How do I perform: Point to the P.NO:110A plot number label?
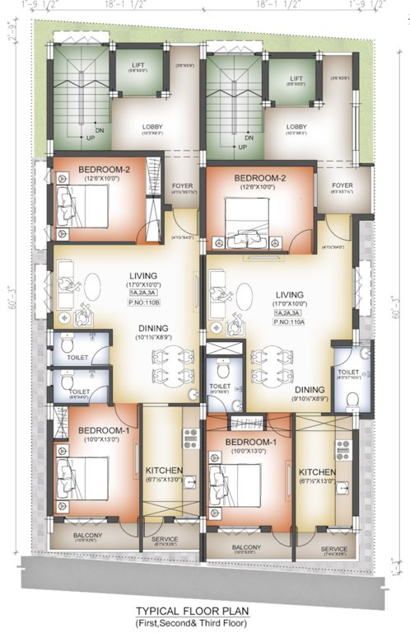289,323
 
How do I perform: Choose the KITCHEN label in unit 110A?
317,471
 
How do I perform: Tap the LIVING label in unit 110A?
289,294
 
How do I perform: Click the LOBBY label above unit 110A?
296,128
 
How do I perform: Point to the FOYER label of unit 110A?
342,186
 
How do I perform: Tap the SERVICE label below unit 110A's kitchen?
333,549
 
